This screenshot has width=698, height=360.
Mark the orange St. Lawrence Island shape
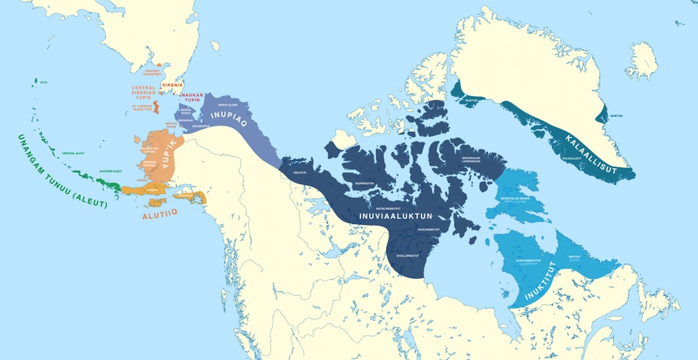point(156,107)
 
